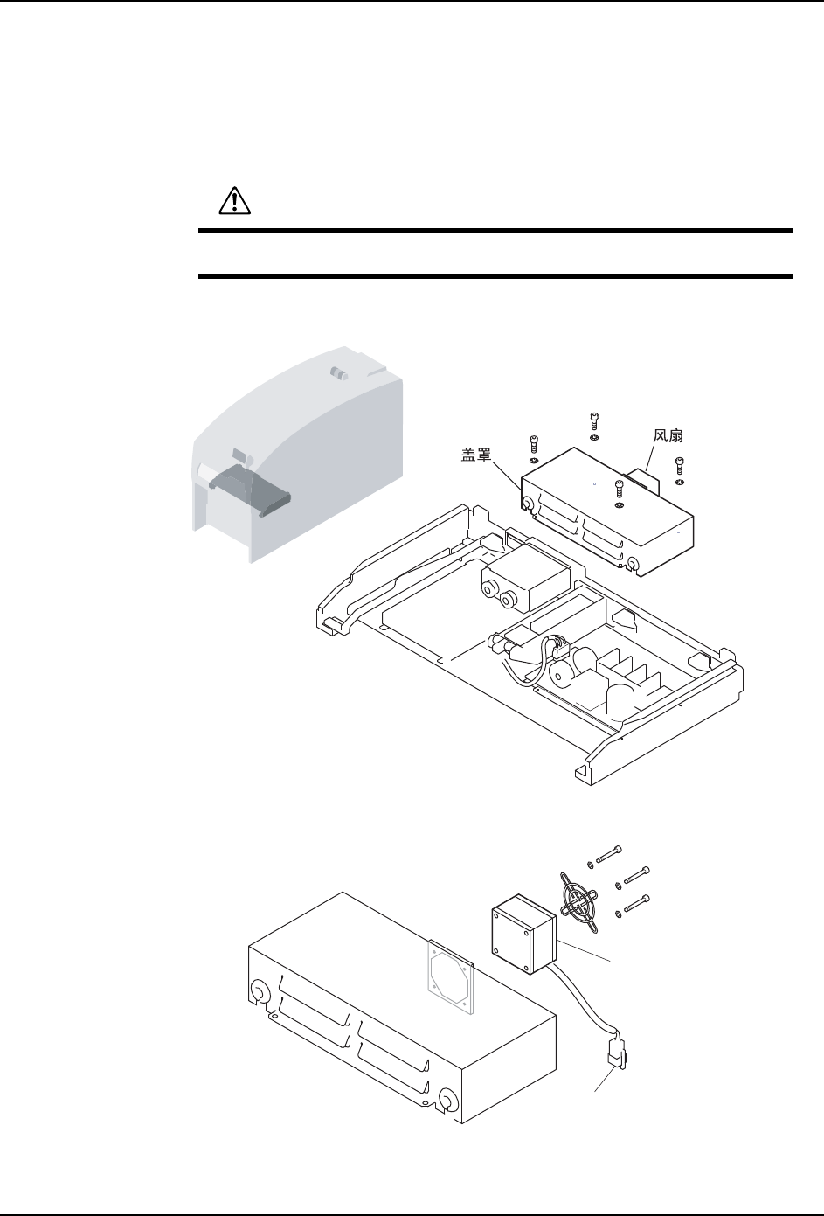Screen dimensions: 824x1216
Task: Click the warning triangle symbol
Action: (233, 202)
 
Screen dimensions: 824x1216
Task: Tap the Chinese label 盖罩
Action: (479, 454)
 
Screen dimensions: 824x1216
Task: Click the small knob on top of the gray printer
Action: (339, 373)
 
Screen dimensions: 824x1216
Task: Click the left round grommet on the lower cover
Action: (259, 991)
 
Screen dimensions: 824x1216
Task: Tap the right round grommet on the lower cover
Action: (447, 1099)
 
